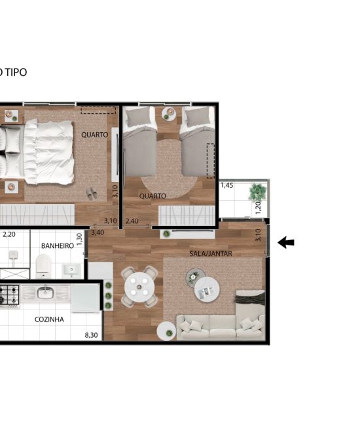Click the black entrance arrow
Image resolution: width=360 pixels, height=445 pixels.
(x=285, y=243)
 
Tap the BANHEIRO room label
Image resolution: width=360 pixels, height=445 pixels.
(x=58, y=246)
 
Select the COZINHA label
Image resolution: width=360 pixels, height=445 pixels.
(x=49, y=319)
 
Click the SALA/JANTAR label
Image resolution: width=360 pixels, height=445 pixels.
(x=211, y=253)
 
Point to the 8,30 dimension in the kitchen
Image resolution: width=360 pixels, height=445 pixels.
(x=91, y=335)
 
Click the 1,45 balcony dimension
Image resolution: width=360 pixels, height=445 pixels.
(x=227, y=185)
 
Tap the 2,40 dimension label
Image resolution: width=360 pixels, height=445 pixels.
(x=132, y=221)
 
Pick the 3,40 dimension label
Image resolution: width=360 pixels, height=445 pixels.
(x=98, y=233)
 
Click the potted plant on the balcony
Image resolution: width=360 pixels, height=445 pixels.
(x=257, y=192)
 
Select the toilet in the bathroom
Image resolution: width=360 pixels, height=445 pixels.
(x=43, y=266)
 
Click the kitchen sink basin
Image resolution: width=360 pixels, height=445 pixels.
(x=45, y=293)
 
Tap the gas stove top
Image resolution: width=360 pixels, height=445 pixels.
(x=9, y=295)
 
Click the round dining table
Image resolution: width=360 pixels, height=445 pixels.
(x=139, y=287)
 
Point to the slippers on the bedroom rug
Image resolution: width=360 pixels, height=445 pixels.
(x=92, y=193)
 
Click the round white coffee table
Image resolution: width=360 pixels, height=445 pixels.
(x=207, y=289)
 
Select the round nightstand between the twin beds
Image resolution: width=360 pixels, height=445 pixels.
(x=169, y=113)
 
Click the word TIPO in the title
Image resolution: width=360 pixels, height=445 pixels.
(x=16, y=73)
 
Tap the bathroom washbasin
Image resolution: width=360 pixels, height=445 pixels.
(x=71, y=270)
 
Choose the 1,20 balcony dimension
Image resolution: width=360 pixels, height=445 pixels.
(x=258, y=207)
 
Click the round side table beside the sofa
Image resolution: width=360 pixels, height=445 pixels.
(x=167, y=330)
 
